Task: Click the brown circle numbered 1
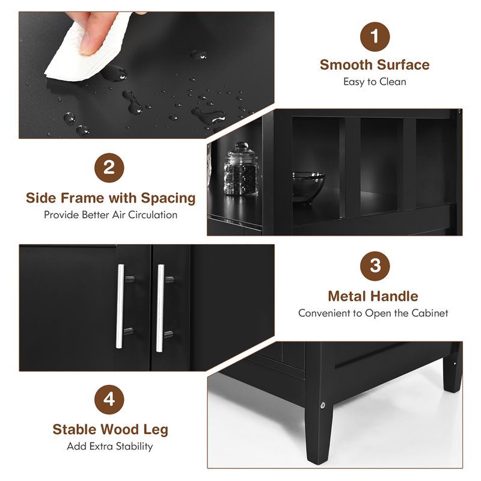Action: point(375,37)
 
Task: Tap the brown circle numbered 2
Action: point(109,167)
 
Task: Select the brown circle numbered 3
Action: point(375,266)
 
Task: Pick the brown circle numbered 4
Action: point(109,399)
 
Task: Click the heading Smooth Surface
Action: point(375,65)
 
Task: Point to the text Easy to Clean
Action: point(375,82)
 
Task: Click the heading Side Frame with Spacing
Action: point(111,198)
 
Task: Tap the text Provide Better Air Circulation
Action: point(111,215)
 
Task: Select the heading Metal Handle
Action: point(373,296)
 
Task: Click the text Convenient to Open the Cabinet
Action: point(373,313)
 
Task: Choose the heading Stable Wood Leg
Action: point(110,429)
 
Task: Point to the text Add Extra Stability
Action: point(110,446)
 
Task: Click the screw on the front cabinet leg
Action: point(323,405)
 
